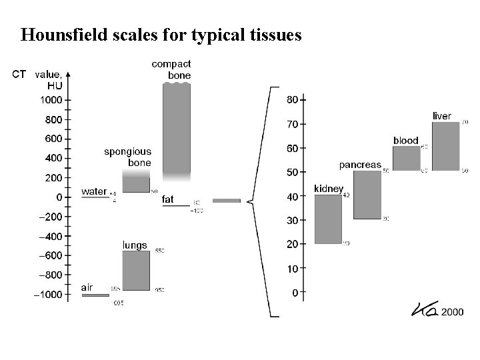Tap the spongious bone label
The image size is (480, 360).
[127, 157]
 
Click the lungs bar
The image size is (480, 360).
[136, 270]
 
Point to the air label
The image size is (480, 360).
[87, 287]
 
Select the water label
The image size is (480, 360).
[94, 191]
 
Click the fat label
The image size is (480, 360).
[168, 199]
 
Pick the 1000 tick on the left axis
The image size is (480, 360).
[69, 100]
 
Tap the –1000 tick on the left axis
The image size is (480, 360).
[69, 295]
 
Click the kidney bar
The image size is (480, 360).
[328, 219]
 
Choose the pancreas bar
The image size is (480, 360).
[367, 195]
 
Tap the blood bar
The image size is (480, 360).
[406, 158]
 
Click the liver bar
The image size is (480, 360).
[445, 146]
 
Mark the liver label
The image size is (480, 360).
[442, 116]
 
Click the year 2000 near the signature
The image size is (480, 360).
[452, 311]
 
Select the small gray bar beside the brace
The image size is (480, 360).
[227, 200]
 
